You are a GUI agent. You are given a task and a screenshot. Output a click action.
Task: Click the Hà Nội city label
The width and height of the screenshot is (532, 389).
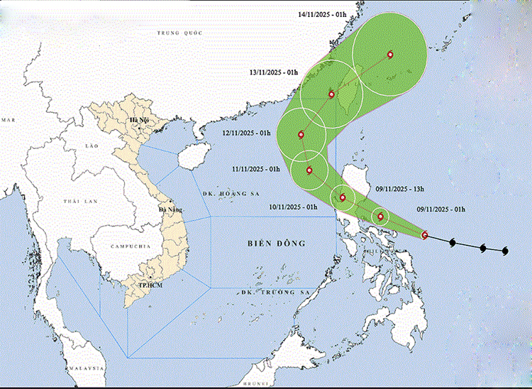[x=138, y=120]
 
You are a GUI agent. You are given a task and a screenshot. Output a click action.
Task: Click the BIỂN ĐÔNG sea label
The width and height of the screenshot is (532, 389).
[x=277, y=243]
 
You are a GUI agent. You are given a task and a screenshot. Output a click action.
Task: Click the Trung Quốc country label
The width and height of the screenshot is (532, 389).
[x=179, y=33]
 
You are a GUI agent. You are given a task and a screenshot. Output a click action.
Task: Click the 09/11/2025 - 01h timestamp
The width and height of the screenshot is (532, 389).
[x=440, y=209]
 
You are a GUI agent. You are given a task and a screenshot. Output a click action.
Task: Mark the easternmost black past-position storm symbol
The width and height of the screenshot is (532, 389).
[x=505, y=251]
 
